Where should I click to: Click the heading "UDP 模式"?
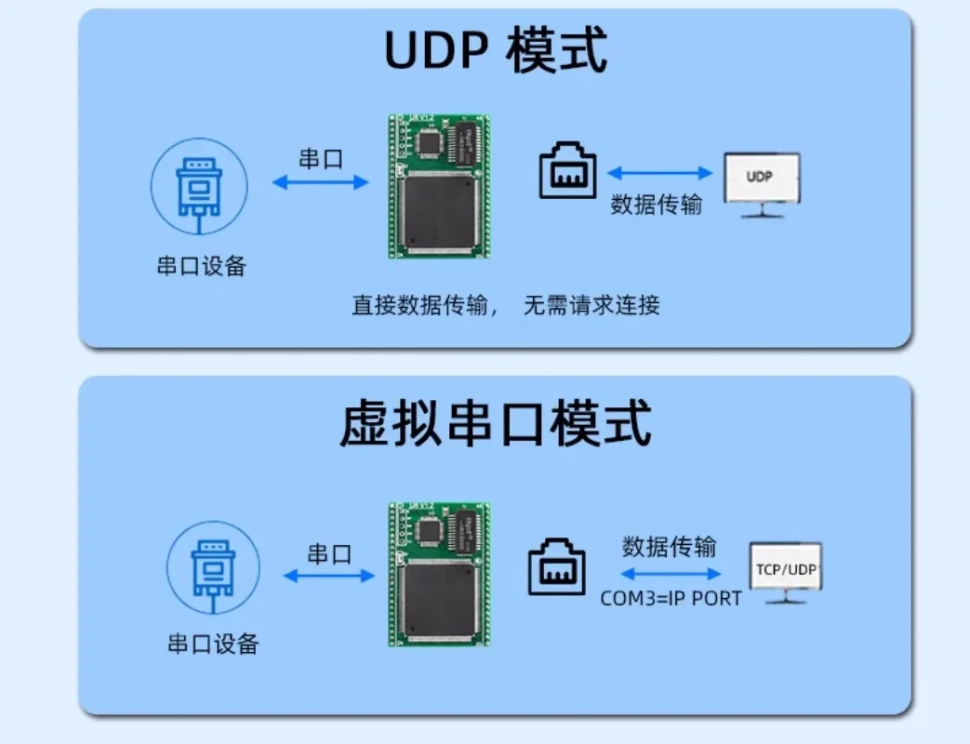[496, 52]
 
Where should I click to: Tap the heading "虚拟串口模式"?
[495, 423]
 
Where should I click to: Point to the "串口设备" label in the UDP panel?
[201, 266]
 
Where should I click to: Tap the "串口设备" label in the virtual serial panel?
[213, 644]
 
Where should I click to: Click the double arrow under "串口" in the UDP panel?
[320, 183]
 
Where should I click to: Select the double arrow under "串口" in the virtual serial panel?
[329, 577]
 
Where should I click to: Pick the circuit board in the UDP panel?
[439, 186]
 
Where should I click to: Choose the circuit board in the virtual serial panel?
[439, 574]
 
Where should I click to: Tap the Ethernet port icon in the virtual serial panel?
[557, 567]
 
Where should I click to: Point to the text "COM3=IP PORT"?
[671, 598]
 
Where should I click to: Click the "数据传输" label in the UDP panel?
[656, 205]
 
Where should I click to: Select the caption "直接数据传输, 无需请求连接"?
[506, 305]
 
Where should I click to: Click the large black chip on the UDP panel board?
[438, 212]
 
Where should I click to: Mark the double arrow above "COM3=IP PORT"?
[671, 574]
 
